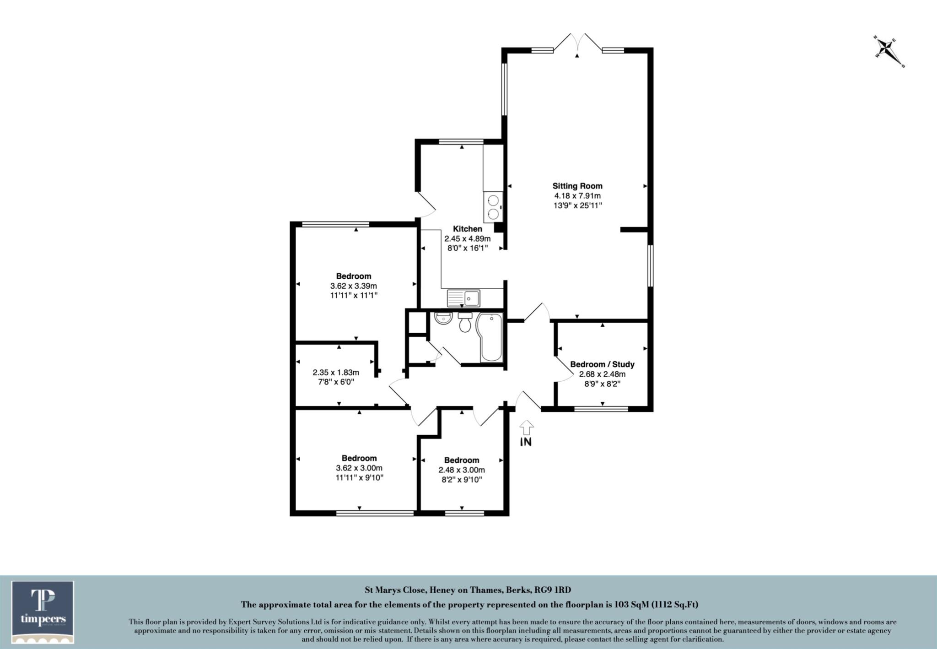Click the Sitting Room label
[577, 186]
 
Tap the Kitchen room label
[467, 229]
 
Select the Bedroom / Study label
[602, 364]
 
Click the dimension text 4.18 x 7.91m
[577, 196]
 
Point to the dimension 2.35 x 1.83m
[336, 373]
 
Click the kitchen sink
[463, 298]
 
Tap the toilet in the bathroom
[465, 323]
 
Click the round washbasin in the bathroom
[442, 319]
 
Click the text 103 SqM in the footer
[631, 605]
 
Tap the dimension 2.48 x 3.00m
[462, 470]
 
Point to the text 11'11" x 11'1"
[354, 296]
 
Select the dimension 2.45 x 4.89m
[467, 238]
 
